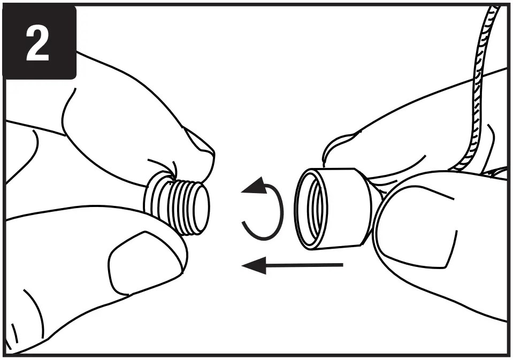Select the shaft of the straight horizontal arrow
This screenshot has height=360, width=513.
305,264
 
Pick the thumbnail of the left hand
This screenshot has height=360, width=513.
136,262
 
